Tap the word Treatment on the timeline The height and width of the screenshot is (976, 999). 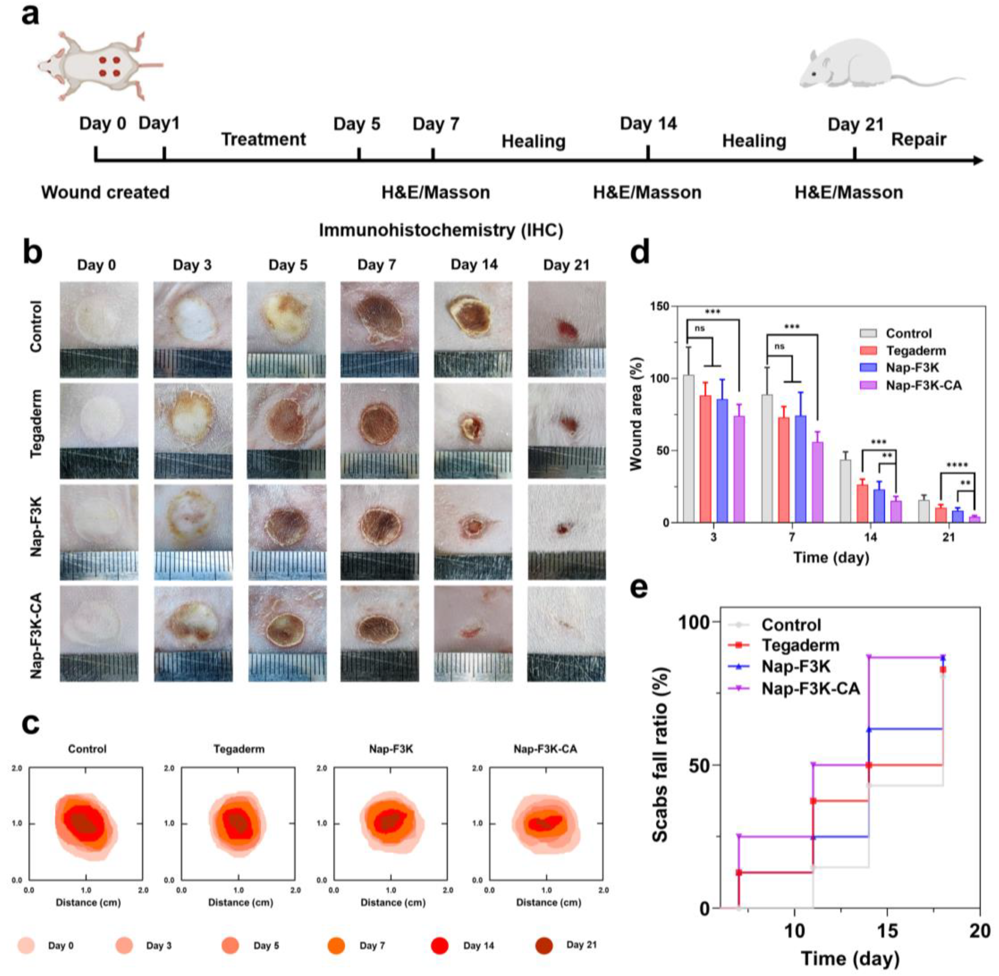[263, 139]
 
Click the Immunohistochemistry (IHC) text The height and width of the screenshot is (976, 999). [441, 230]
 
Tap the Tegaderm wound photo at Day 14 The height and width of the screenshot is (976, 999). [473, 431]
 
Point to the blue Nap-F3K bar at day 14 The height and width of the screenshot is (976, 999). [879, 505]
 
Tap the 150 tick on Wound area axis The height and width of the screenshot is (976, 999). [659, 306]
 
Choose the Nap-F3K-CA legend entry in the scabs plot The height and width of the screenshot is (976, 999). [810, 688]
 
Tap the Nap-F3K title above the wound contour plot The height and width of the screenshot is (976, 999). [391, 749]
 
